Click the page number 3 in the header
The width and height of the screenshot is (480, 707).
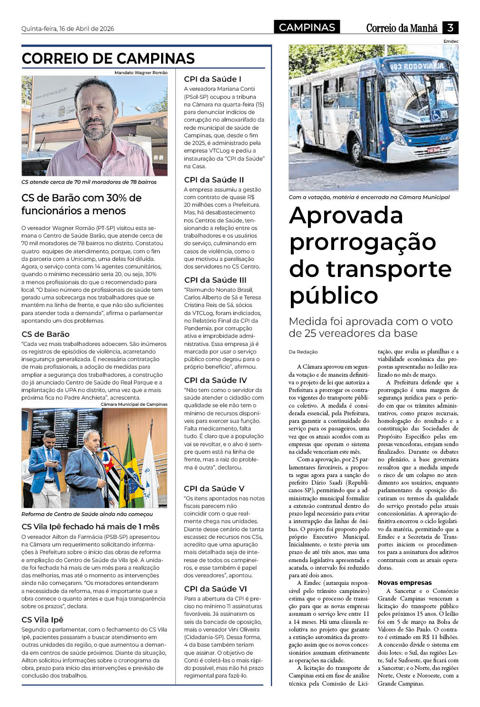tap(450, 28)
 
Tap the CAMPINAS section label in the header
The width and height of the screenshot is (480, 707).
tap(307, 28)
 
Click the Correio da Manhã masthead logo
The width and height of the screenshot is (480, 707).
tap(402, 28)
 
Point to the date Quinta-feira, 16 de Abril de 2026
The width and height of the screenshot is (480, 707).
tap(68, 29)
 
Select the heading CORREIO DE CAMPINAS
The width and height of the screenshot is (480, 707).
tap(108, 58)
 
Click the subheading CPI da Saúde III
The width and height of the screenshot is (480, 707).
tap(215, 280)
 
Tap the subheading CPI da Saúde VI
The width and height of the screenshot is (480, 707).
tap(215, 589)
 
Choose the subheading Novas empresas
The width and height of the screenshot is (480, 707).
tap(404, 583)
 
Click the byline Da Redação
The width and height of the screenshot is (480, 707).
tap(303, 352)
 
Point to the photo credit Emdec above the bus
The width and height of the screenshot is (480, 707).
tap(451, 41)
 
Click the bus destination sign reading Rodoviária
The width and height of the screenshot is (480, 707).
tap(416, 67)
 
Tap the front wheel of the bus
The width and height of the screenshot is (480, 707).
tap(355, 149)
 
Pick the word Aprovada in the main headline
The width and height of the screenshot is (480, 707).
tap(346, 215)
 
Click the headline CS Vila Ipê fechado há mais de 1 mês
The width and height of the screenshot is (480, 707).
tap(90, 526)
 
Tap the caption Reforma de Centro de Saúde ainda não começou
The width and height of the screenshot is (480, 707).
tap(87, 514)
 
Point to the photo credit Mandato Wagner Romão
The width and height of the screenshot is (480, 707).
tap(141, 73)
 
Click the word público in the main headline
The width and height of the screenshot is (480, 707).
tap(334, 296)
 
